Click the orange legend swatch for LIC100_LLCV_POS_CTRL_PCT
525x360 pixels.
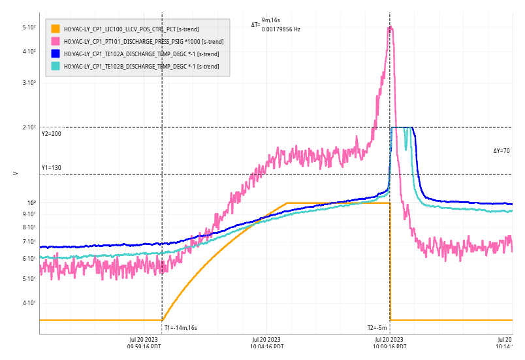point(56,29)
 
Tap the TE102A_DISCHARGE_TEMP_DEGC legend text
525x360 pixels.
point(136,54)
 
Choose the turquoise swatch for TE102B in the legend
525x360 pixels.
point(56,66)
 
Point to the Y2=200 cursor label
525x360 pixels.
point(51,134)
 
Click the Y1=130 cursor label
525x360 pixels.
point(51,168)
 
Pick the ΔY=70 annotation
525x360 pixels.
point(501,151)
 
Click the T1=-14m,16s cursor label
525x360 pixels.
point(180,328)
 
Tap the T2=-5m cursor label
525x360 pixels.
point(377,328)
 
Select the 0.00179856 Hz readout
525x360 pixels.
point(281,29)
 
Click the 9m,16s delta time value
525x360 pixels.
point(271,20)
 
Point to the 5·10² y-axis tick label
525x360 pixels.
point(29,27)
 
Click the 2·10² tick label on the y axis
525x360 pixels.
point(29,127)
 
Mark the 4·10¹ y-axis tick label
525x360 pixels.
point(29,303)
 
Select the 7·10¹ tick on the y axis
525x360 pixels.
point(29,242)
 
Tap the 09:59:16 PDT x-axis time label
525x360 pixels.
point(144,346)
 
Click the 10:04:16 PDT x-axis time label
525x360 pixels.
point(266,346)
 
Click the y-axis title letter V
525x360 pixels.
point(15,173)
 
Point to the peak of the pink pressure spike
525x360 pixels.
point(390,27)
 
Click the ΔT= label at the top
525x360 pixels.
point(255,25)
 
